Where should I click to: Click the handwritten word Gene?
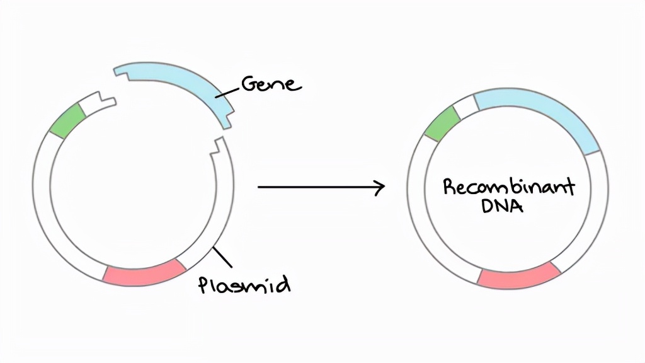point(271,84)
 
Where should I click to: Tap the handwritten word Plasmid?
point(244,284)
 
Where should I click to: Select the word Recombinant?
point(508,187)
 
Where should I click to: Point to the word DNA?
point(502,206)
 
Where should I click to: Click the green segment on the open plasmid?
point(67,120)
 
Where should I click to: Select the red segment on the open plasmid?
point(144,272)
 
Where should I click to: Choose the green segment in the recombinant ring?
point(442,124)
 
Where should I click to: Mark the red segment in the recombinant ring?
point(519,275)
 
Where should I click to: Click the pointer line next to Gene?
point(227,93)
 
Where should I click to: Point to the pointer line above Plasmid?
point(222,257)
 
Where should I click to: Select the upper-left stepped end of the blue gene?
point(122,72)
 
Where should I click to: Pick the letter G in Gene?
point(250,84)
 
